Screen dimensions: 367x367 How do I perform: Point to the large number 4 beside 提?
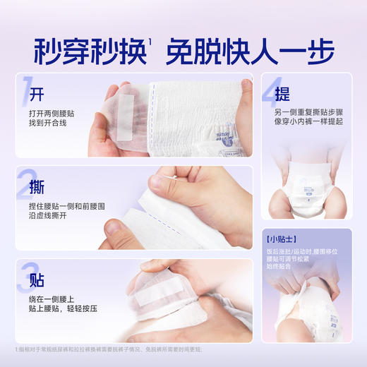[x=273, y=91]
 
